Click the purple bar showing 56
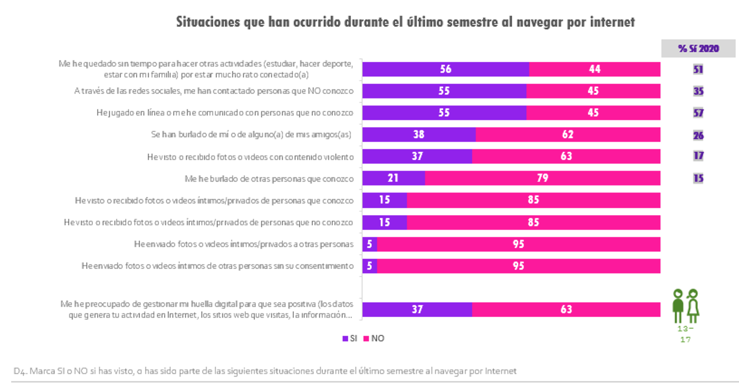445,69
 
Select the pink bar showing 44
595,69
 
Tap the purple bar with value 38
419,134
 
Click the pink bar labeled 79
542,178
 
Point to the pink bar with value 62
567,134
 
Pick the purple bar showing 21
393,178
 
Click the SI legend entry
350,338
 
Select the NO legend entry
374,338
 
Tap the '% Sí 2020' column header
698,48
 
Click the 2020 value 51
698,69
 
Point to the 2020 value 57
698,113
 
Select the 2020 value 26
698,135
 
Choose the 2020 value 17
698,156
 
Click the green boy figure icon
678,305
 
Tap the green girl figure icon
693,305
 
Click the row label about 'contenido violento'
250,157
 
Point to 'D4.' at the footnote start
20,371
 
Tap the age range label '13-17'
686,334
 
